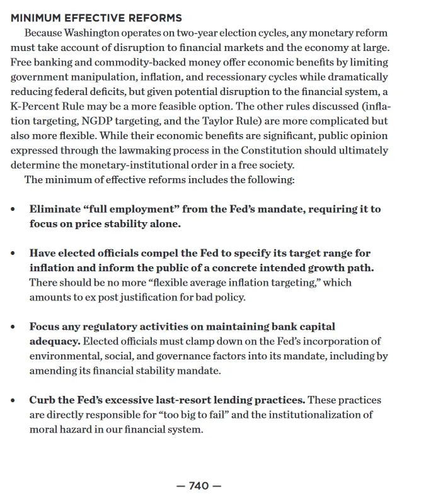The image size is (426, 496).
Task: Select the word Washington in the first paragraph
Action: (93, 33)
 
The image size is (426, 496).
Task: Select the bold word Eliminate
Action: (55, 209)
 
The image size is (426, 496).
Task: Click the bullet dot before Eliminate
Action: (13, 209)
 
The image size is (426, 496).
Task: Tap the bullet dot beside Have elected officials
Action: (13, 253)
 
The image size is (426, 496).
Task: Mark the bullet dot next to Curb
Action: (13, 400)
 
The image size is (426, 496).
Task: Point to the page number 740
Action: (199, 486)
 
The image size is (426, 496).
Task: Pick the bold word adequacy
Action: (54, 341)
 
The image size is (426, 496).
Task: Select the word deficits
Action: (106, 92)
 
